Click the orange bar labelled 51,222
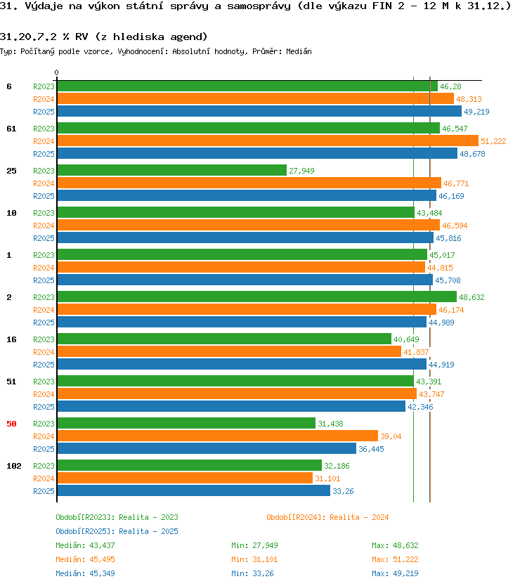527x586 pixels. [x=268, y=141]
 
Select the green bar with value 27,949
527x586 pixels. [x=172, y=170]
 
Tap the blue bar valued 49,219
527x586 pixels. [x=259, y=111]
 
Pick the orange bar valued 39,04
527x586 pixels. [x=218, y=436]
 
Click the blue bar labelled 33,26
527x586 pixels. [x=194, y=490]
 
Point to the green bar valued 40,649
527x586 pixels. [x=224, y=339]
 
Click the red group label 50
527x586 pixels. [x=11, y=424]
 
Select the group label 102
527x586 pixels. [x=14, y=466]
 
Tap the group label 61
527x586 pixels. [x=11, y=129]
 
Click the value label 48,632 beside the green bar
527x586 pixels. [x=471, y=297]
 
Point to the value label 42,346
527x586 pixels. [x=420, y=407]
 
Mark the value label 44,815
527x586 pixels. [x=440, y=268]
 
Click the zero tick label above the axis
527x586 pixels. [x=56, y=72]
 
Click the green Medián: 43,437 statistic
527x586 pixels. [x=85, y=545]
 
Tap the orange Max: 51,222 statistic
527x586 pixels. [x=395, y=559]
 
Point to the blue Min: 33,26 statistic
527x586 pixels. [x=252, y=573]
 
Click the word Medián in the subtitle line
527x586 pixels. [x=299, y=51]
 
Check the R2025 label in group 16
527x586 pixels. [x=44, y=365]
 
